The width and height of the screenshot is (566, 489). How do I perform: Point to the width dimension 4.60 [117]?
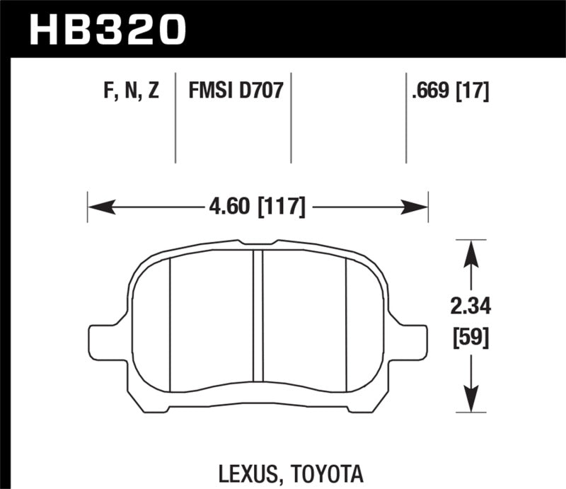coord(258,207)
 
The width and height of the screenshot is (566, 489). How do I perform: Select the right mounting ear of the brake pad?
coord(412,338)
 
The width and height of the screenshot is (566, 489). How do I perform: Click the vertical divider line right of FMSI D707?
coord(291,117)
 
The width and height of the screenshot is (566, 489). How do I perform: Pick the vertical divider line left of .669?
coord(406,117)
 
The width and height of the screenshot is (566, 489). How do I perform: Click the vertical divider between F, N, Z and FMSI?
coord(175,117)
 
